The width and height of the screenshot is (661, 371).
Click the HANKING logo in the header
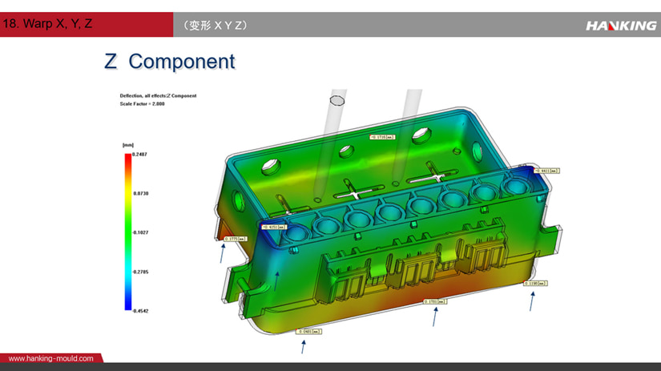620,26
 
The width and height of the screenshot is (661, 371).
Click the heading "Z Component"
170,61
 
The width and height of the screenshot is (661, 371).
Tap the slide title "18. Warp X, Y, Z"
48,24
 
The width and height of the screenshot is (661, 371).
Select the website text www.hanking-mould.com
50,358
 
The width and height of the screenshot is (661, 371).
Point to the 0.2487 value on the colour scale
141,154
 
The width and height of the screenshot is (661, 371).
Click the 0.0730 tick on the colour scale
141,193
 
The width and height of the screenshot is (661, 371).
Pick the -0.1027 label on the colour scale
141,232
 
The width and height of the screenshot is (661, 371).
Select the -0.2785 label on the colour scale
141,272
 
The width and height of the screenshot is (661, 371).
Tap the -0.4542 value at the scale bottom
141,310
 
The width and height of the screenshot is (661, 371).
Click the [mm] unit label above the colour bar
127,145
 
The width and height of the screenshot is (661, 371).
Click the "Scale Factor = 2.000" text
143,103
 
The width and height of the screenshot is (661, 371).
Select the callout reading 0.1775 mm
235,238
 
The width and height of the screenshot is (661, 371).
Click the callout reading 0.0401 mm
308,331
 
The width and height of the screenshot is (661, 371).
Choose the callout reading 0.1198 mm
535,283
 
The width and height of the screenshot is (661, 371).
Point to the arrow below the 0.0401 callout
304,346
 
